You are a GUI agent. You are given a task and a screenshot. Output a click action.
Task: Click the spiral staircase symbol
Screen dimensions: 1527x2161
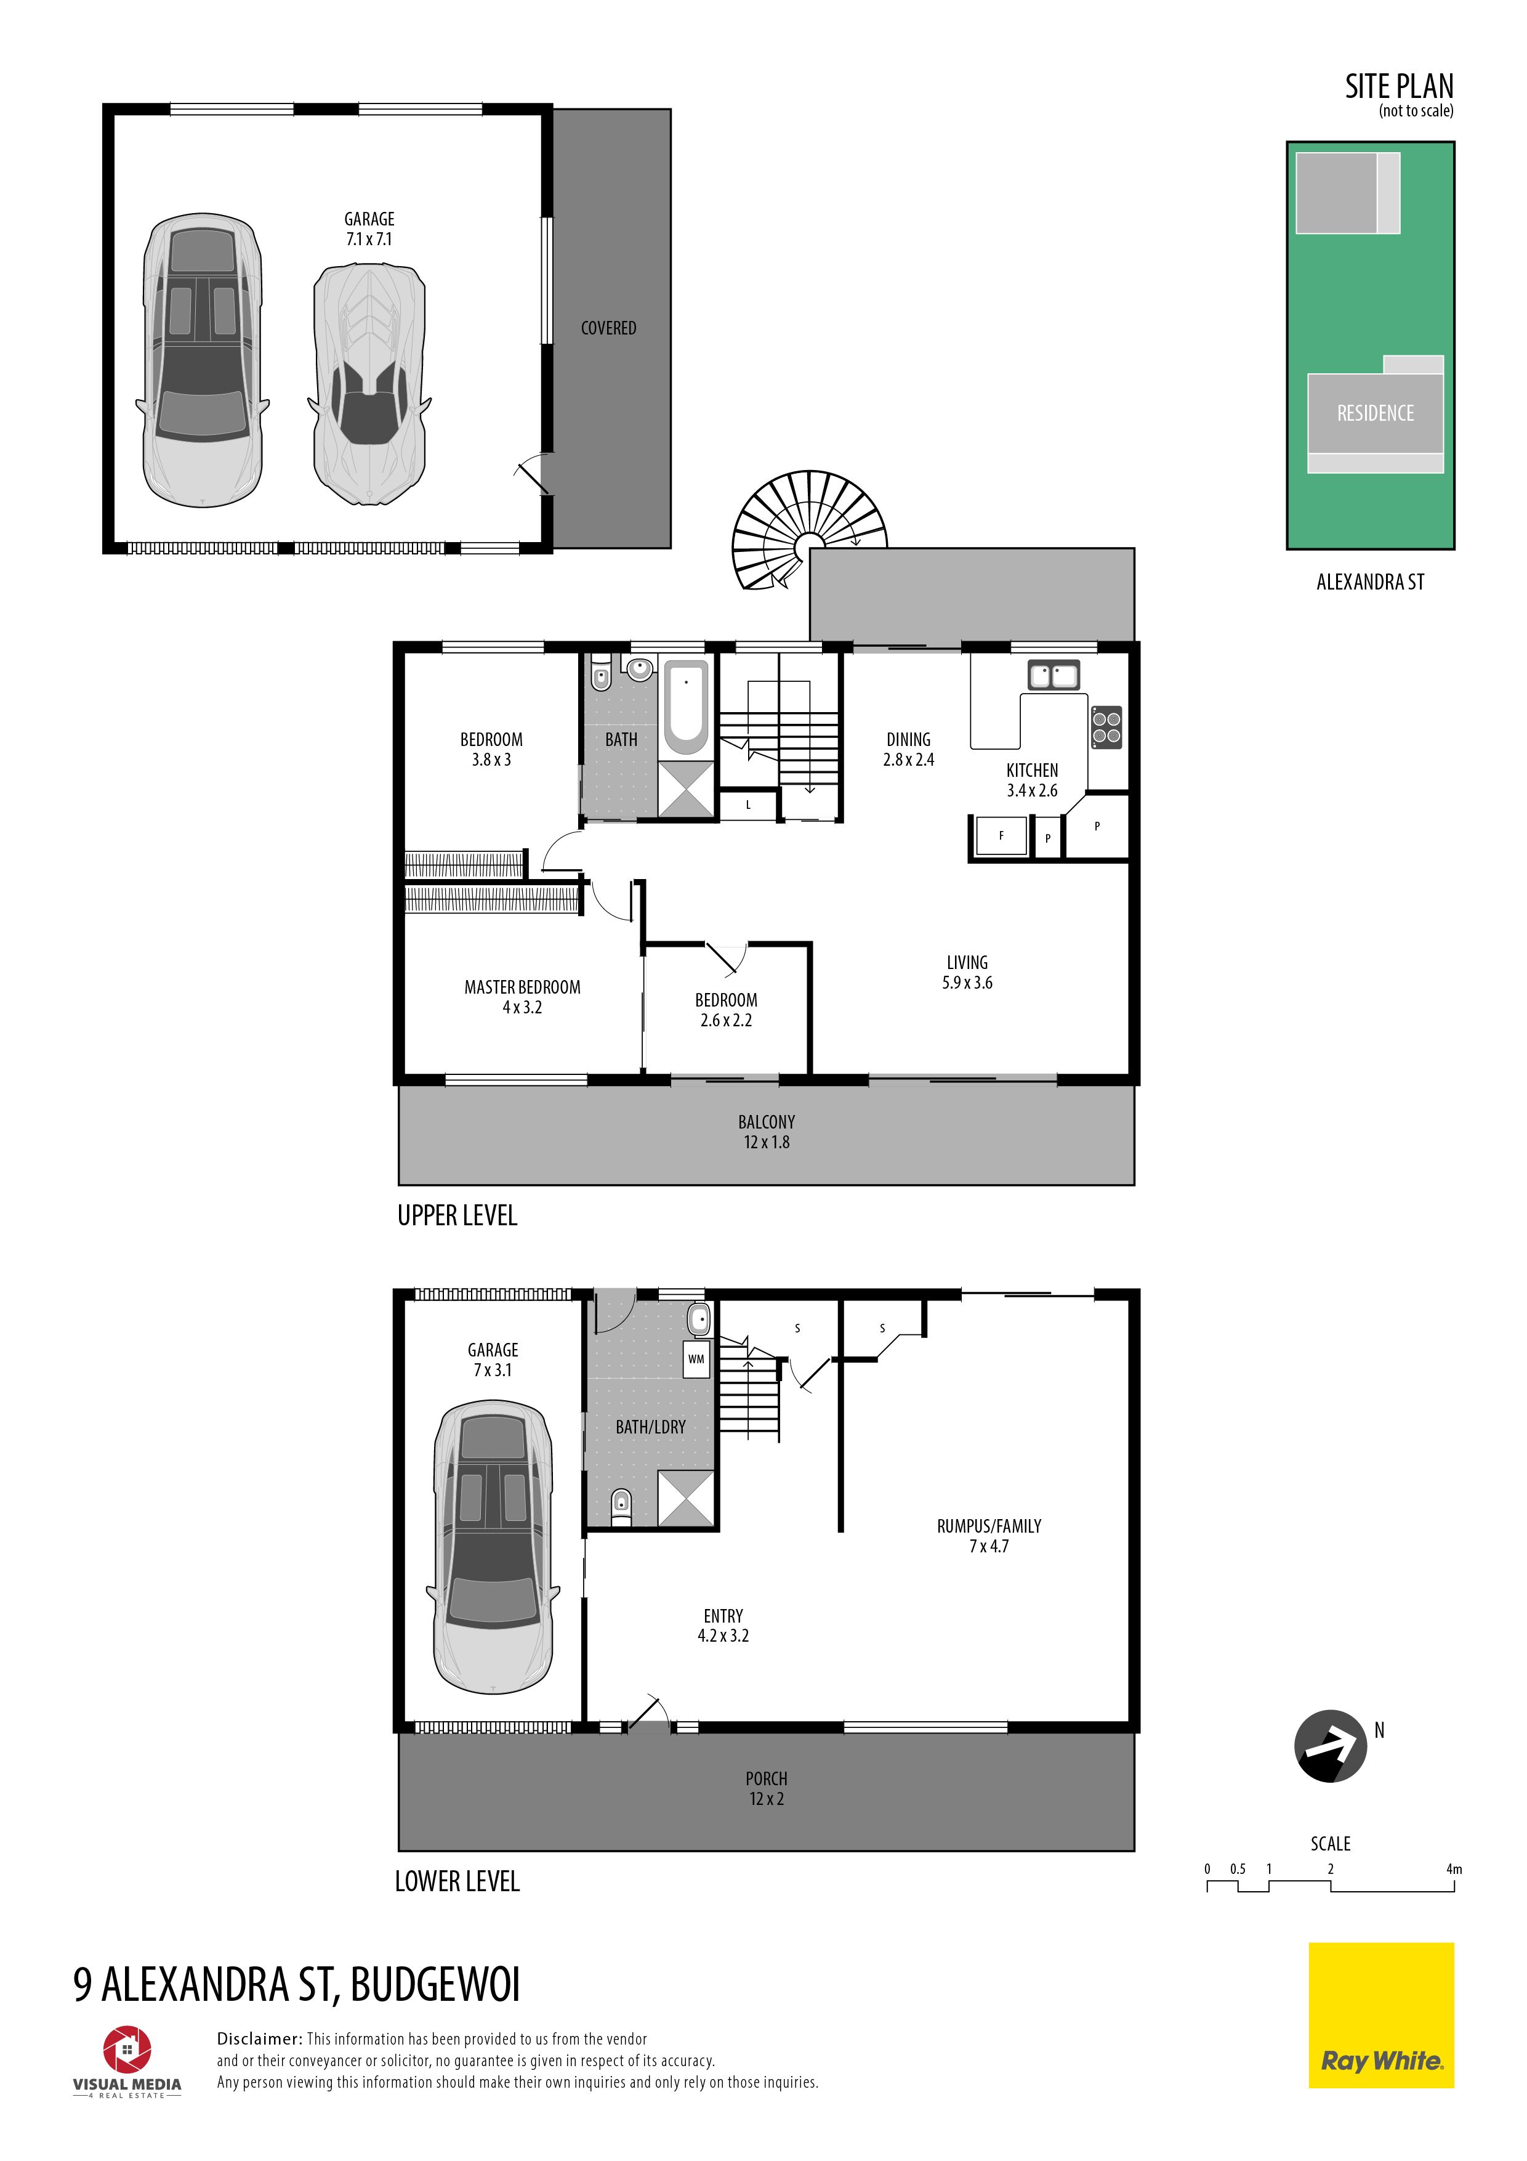[x=807, y=530]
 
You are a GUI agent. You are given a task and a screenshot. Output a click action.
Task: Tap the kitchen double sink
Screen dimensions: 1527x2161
[x=1053, y=675]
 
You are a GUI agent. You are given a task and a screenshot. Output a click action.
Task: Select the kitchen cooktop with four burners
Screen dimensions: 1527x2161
[x=1106, y=727]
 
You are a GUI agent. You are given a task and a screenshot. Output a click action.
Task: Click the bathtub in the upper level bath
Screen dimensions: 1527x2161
[x=687, y=707]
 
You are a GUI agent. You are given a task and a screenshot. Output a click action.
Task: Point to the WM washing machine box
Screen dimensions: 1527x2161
[x=696, y=1358]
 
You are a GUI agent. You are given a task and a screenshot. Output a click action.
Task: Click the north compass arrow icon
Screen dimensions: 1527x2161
[x=1331, y=1746]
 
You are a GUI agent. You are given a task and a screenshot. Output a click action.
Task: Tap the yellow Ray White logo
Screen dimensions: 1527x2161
[x=1380, y=2015]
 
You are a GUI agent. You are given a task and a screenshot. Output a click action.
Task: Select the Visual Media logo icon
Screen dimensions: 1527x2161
[x=127, y=2050]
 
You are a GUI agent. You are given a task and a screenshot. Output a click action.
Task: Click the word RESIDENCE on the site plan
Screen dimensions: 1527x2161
[x=1374, y=413]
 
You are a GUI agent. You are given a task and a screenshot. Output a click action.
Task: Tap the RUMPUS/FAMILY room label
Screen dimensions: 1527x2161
[x=989, y=1526]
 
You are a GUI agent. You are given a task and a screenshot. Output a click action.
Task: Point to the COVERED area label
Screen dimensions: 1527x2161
[x=608, y=328]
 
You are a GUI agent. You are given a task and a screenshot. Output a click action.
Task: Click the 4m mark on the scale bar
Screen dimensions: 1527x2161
[x=1454, y=1868]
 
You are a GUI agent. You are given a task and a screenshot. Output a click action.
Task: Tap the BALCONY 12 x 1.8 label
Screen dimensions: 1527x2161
[x=766, y=1132]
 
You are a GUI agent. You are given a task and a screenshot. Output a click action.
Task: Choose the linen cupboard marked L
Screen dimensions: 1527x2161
[x=749, y=805]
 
